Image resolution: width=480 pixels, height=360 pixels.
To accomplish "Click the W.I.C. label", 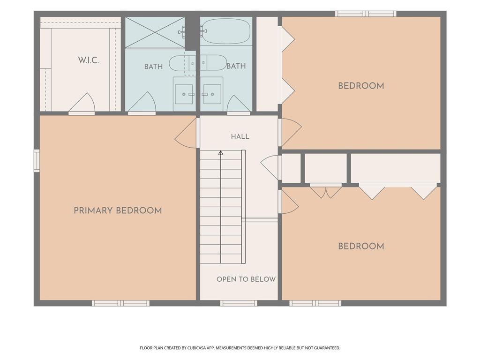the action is (88, 60).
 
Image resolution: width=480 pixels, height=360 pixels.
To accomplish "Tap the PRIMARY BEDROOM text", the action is (118, 210).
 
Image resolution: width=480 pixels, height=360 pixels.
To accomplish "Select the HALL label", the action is (240, 136).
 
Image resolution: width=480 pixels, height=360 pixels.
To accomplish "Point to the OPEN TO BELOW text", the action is (246, 279).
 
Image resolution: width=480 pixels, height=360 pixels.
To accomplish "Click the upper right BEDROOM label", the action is (361, 86).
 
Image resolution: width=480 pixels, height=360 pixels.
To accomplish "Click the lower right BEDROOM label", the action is (361, 247).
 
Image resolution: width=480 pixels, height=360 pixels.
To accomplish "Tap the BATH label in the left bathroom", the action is (153, 67).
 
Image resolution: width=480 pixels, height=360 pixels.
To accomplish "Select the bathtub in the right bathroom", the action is (226, 31).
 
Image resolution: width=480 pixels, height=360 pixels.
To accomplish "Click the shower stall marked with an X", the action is (155, 32).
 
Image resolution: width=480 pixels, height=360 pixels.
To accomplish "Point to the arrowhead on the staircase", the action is (220, 152).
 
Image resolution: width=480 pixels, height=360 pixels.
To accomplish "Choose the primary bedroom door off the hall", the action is (186, 134).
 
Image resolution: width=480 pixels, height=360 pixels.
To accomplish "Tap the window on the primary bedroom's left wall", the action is (37, 161).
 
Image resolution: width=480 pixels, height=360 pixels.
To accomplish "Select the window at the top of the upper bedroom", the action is (366, 14).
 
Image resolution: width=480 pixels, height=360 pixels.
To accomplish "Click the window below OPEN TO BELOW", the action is (239, 303).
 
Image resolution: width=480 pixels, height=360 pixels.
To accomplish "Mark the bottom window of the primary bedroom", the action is (121, 303).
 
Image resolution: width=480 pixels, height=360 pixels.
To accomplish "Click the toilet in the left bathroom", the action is (182, 63).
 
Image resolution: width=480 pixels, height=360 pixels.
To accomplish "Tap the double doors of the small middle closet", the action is (326, 191).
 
